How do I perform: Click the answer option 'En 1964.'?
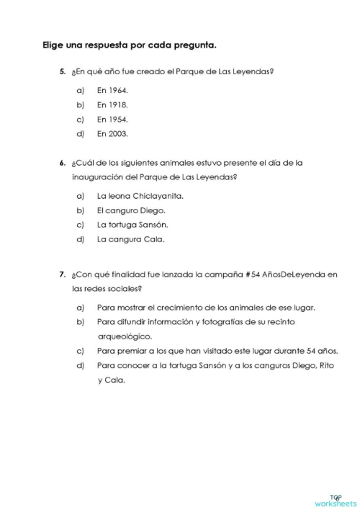point(112,91)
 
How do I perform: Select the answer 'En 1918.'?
point(112,104)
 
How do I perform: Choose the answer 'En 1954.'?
point(112,119)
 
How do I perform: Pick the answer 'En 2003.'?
point(112,133)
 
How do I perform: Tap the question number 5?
point(63,72)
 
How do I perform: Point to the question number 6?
point(63,163)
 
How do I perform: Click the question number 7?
point(63,274)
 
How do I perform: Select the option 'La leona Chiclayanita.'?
point(140,196)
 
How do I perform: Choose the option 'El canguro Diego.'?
point(131,210)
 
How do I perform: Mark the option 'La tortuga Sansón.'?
point(132,225)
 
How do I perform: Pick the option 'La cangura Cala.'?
point(130,239)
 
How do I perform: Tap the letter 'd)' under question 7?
point(80,365)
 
